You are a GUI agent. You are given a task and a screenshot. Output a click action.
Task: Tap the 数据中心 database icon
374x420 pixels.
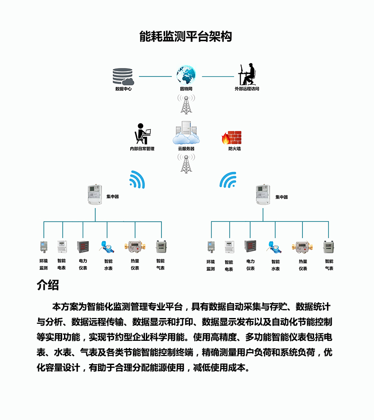123,76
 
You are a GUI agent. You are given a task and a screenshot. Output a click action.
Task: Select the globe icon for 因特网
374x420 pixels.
186,75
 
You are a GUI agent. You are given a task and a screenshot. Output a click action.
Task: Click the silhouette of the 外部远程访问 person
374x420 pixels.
247,74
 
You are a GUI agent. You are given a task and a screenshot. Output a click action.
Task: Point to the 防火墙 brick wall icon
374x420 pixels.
231,137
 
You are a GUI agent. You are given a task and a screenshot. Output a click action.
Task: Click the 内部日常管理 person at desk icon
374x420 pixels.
142,133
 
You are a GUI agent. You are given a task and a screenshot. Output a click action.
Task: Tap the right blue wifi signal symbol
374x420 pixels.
228,179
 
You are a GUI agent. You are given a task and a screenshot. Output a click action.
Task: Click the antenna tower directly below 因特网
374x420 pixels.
186,104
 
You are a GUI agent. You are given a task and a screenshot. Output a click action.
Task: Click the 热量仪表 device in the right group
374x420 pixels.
303,246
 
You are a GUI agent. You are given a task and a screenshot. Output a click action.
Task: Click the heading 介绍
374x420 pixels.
48,285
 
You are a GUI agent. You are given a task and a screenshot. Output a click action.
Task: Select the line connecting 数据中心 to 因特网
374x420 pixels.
155,76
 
